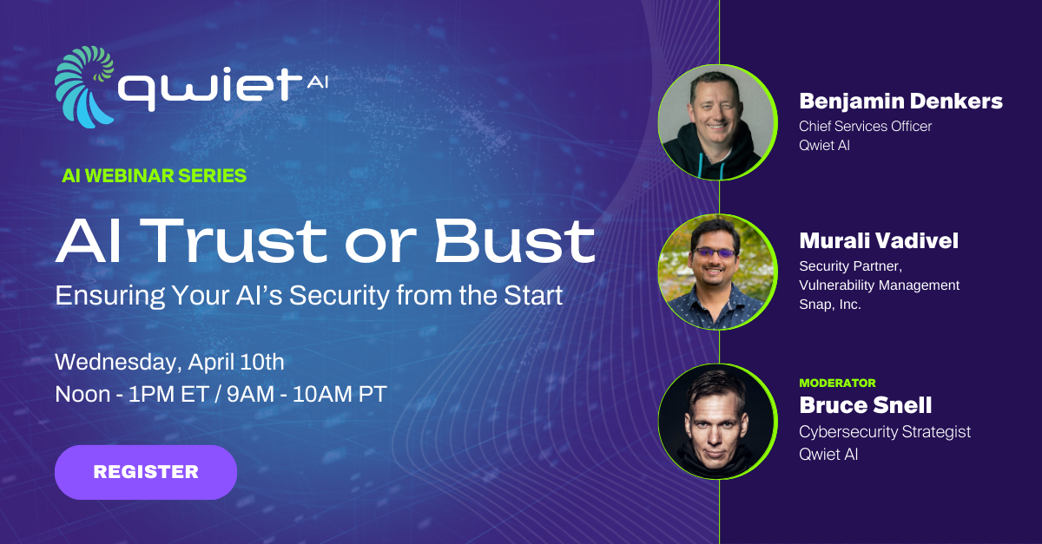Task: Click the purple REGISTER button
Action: (x=146, y=472)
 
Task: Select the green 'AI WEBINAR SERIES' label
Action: (x=155, y=175)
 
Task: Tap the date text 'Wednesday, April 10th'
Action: (x=169, y=360)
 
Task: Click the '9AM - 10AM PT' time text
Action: (x=307, y=393)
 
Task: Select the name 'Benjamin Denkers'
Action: (x=900, y=102)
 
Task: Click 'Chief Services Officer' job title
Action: (x=865, y=126)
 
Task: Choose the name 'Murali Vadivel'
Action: (x=879, y=240)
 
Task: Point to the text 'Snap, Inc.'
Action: (x=830, y=304)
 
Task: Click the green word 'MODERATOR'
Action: (x=837, y=383)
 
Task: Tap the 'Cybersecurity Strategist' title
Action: (x=885, y=431)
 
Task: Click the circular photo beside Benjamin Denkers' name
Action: (x=717, y=122)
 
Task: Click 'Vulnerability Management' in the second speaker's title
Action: (x=879, y=285)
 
